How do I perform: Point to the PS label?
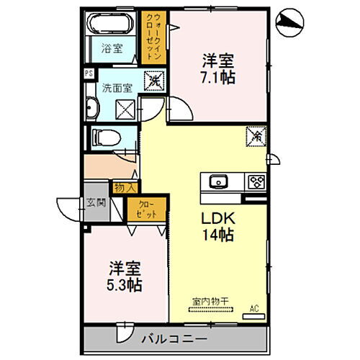point(89,73)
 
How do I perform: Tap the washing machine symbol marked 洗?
point(153,82)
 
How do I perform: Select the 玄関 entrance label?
point(96,203)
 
